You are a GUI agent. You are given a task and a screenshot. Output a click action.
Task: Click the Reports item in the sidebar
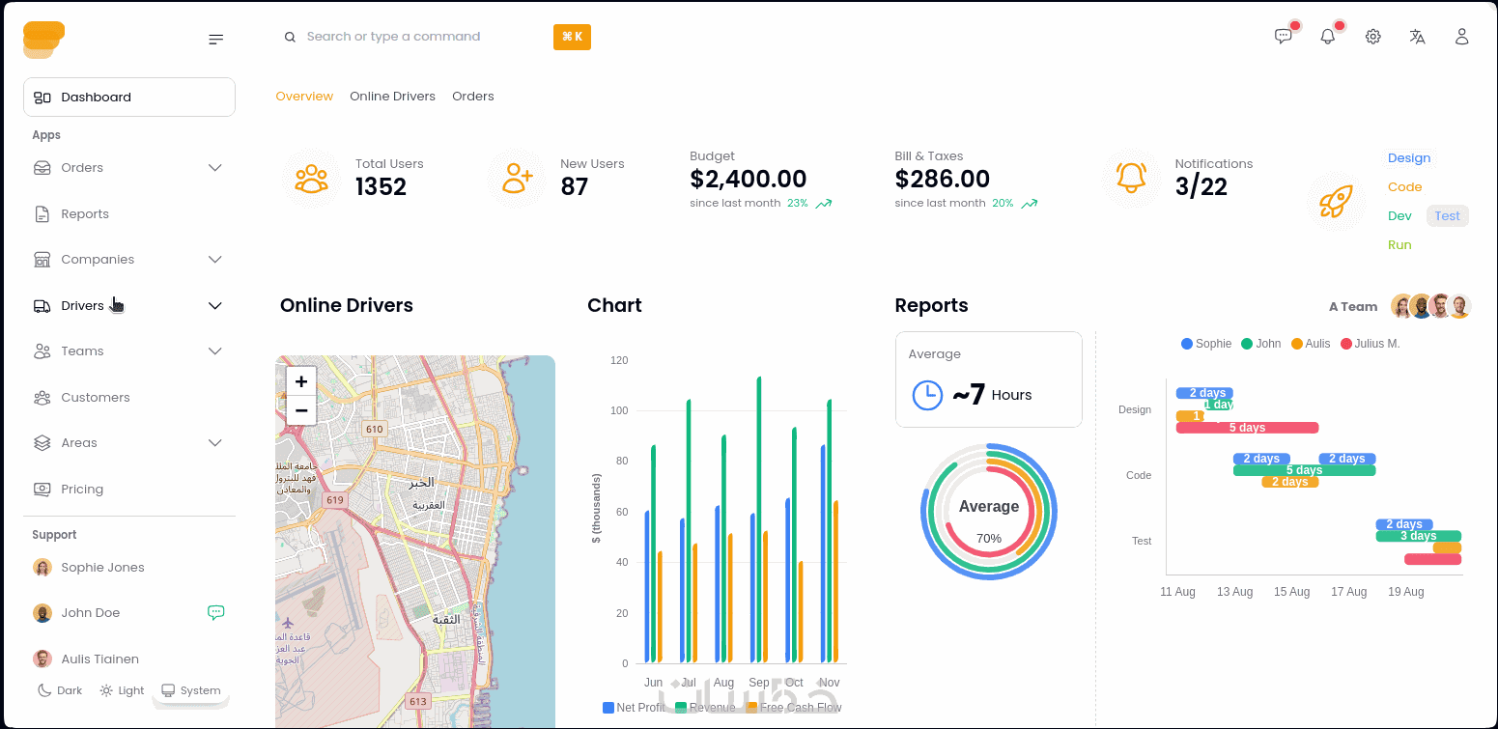[x=84, y=214]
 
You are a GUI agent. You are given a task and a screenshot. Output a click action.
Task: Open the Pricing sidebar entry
[x=81, y=490]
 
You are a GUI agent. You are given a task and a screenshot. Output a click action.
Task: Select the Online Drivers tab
[x=392, y=97]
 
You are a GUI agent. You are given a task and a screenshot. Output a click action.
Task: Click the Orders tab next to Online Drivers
[x=472, y=97]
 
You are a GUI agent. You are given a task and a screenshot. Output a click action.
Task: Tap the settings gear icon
[x=1372, y=37]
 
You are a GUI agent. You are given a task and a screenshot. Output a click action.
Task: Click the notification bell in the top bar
[x=1328, y=37]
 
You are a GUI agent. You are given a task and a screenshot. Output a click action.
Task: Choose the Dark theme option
[x=60, y=690]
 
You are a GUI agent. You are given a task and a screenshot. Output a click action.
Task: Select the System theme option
[x=191, y=690]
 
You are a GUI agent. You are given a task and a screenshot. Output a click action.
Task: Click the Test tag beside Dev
[x=1447, y=216]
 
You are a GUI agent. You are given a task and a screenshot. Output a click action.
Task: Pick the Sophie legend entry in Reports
[x=1206, y=344]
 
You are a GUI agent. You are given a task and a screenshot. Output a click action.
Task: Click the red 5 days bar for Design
[x=1247, y=428]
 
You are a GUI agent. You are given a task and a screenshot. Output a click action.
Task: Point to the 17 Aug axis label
[x=1348, y=592]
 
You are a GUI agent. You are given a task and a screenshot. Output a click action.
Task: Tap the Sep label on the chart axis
[x=759, y=683]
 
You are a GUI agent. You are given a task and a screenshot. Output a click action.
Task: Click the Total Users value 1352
[x=381, y=186]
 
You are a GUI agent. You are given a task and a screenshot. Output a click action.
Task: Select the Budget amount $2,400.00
[x=748, y=179]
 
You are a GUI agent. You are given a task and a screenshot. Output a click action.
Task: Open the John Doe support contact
[x=90, y=613]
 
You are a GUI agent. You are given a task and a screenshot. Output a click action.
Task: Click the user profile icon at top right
[x=1461, y=37]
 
